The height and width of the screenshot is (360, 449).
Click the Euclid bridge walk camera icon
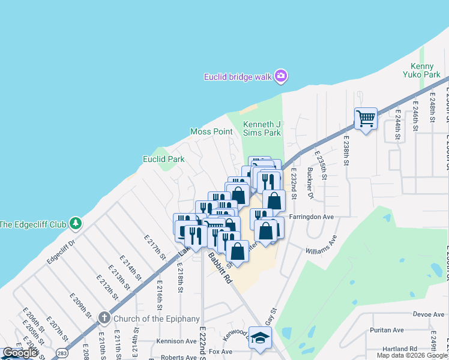pyautogui.click(x=280, y=76)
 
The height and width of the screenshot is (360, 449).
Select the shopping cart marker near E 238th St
pyautogui.click(x=365, y=118)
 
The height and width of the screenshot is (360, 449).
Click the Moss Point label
pyautogui.click(x=211, y=131)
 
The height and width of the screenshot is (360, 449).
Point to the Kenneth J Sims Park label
pyautogui.click(x=262, y=128)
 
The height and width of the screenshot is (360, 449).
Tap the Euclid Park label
pyautogui.click(x=163, y=159)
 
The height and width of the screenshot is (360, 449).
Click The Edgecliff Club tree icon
pyautogui.click(x=75, y=224)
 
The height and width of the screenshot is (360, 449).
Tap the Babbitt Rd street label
pyautogui.click(x=220, y=268)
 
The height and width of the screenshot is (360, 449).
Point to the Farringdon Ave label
pyautogui.click(x=311, y=216)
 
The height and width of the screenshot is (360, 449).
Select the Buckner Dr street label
pyautogui.click(x=310, y=187)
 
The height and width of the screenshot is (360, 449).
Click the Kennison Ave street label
pyautogui.click(x=176, y=341)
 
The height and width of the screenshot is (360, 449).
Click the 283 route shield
pyautogui.click(x=61, y=354)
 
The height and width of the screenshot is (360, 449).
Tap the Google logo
pyautogui.click(x=20, y=353)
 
